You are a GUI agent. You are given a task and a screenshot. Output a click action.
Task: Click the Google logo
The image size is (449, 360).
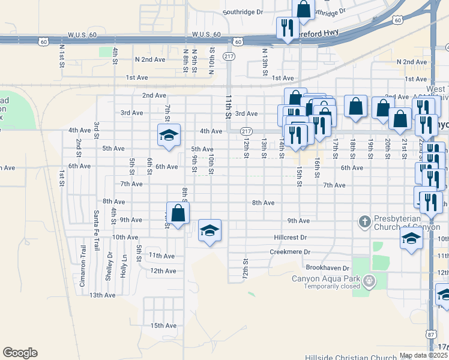[20, 353]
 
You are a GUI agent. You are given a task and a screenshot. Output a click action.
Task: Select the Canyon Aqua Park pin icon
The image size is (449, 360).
[369, 280]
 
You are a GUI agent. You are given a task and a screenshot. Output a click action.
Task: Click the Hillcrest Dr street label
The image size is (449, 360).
[290, 238]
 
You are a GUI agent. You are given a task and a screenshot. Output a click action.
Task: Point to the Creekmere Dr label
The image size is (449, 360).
[290, 252]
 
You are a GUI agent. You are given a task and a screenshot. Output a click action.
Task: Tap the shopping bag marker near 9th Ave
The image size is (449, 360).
[178, 213]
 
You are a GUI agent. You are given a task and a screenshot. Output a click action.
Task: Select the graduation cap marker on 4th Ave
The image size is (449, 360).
[169, 135]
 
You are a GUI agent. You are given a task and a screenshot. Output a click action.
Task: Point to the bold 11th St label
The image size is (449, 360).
[229, 106]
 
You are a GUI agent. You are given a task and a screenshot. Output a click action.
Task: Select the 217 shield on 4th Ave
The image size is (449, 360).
[246, 131]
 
